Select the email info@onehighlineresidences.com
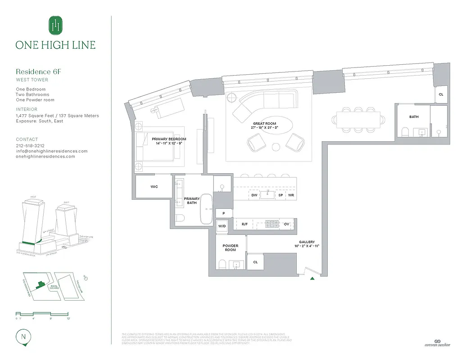pyautogui.click(x=52, y=151)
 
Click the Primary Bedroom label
pyautogui.click(x=168, y=141)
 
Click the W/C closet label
pyautogui.click(x=154, y=186)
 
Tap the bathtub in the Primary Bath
pyautogui.click(x=207, y=209)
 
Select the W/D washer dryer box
pyautogui.click(x=222, y=226)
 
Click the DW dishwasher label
pyautogui.click(x=254, y=195)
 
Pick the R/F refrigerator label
pyautogui.click(x=245, y=224)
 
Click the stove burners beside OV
pyautogui.click(x=272, y=223)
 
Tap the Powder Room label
pyautogui.click(x=230, y=247)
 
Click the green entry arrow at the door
pyautogui.click(x=312, y=279)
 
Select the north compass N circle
pyautogui.click(x=23, y=336)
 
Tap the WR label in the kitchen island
pyautogui.click(x=291, y=195)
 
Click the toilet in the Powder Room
pyautogui.click(x=222, y=264)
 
